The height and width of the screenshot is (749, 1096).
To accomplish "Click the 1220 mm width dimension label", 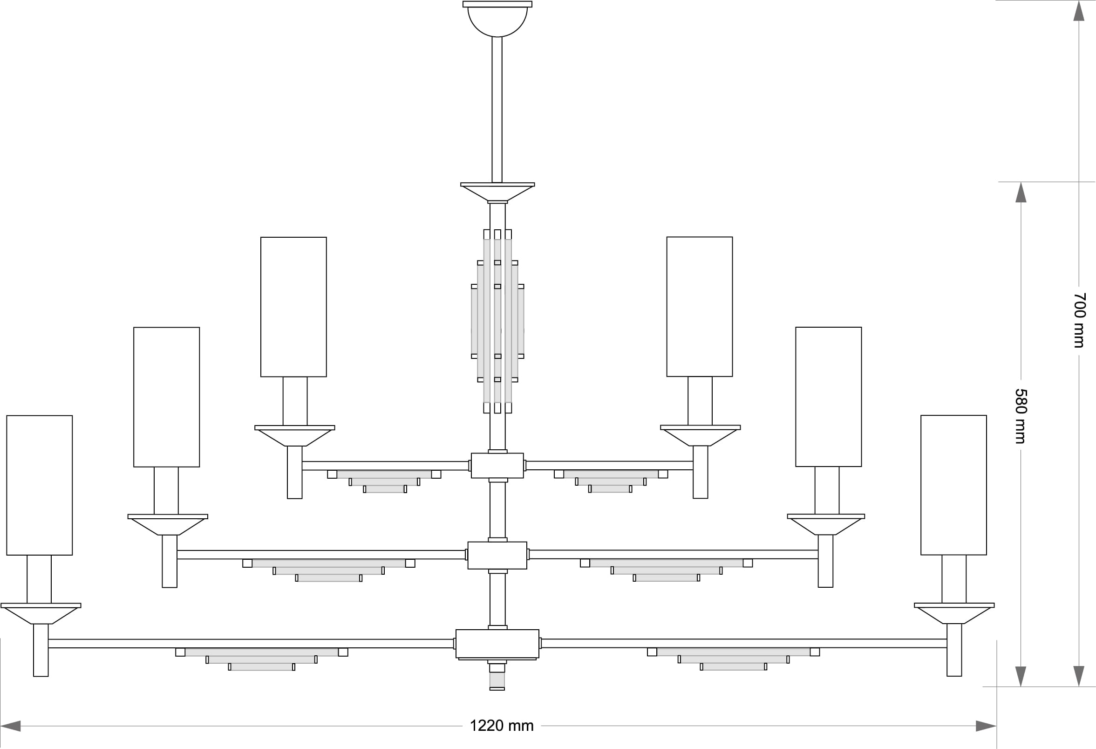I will (501, 725).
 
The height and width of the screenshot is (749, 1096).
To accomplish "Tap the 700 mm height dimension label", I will (1079, 321).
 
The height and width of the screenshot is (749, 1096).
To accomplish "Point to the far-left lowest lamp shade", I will (39, 485).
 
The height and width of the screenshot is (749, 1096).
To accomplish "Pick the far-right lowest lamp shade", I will (953, 485).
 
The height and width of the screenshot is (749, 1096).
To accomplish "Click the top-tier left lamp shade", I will (293, 307).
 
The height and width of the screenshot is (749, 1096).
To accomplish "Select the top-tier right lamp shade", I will (700, 307).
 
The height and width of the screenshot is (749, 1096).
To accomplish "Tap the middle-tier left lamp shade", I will (166, 397).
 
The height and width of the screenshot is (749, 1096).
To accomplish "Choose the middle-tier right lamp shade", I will (829, 397).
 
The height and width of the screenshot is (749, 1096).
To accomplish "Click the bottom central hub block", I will (497, 643).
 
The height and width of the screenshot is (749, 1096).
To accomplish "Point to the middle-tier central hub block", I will (497, 555).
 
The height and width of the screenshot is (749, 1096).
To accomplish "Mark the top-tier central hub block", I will (497, 465).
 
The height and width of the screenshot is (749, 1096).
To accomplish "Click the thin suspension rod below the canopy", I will (497, 110).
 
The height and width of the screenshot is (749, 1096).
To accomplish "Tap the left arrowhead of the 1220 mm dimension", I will (11, 726).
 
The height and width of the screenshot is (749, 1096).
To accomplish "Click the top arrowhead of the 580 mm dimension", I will (1021, 192).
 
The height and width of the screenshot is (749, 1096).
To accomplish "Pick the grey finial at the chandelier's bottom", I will (497, 680).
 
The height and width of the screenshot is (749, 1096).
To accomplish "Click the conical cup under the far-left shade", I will (41, 615).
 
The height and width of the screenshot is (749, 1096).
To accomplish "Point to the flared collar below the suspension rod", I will (497, 192).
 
